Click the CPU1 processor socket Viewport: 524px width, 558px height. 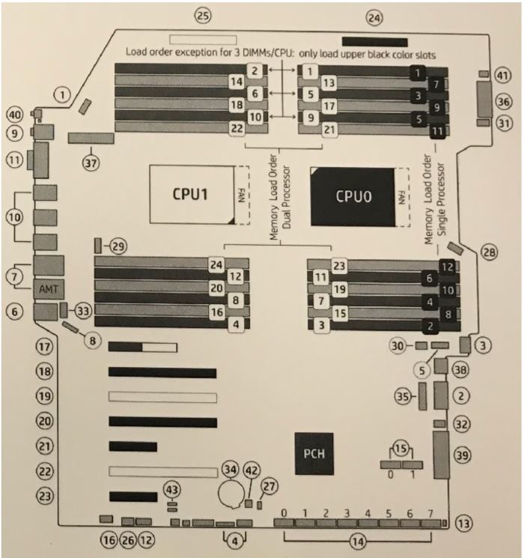coord(192,194)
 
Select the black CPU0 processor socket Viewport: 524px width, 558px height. coord(353,196)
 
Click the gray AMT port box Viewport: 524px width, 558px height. coord(48,288)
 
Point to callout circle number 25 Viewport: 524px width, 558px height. coord(204,13)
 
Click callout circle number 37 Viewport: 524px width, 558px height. coord(91,164)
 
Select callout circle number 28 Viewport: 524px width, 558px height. coord(490,252)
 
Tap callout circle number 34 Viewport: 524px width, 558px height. coord(230,470)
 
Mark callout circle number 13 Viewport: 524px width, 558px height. coord(464,524)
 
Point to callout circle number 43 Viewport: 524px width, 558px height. coord(173,489)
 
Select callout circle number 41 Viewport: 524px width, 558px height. coord(501,76)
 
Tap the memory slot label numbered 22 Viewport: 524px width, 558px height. coord(237,129)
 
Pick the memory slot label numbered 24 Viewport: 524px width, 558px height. coord(217,264)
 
